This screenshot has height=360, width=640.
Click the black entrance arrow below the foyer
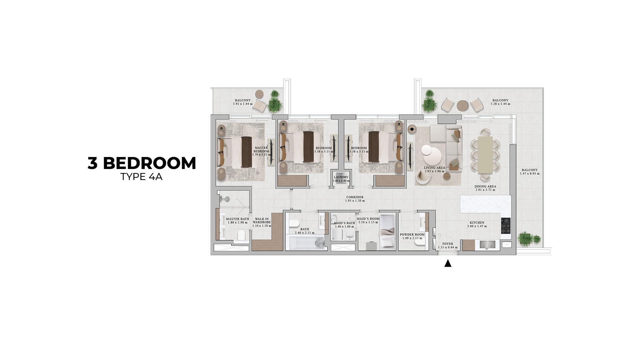pos(448,263)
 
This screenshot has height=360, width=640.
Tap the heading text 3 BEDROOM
pos(142,163)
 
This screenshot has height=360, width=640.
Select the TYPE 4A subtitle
pos(141,177)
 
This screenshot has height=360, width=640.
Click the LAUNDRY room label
pos(341,177)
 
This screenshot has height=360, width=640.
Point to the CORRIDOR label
pos(355,197)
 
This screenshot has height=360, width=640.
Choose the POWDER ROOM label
pos(412,235)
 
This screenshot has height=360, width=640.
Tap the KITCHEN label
pos(477,223)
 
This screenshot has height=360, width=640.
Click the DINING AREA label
pos(485,187)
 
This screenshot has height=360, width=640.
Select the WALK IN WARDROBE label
pos(262,220)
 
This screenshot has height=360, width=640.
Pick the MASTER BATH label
pos(238,219)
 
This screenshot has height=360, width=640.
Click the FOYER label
pos(448,244)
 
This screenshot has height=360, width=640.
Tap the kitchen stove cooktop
pos(506,226)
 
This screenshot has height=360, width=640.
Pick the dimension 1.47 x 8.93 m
pos(530,174)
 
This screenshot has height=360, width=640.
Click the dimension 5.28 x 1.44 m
pos(500,104)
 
